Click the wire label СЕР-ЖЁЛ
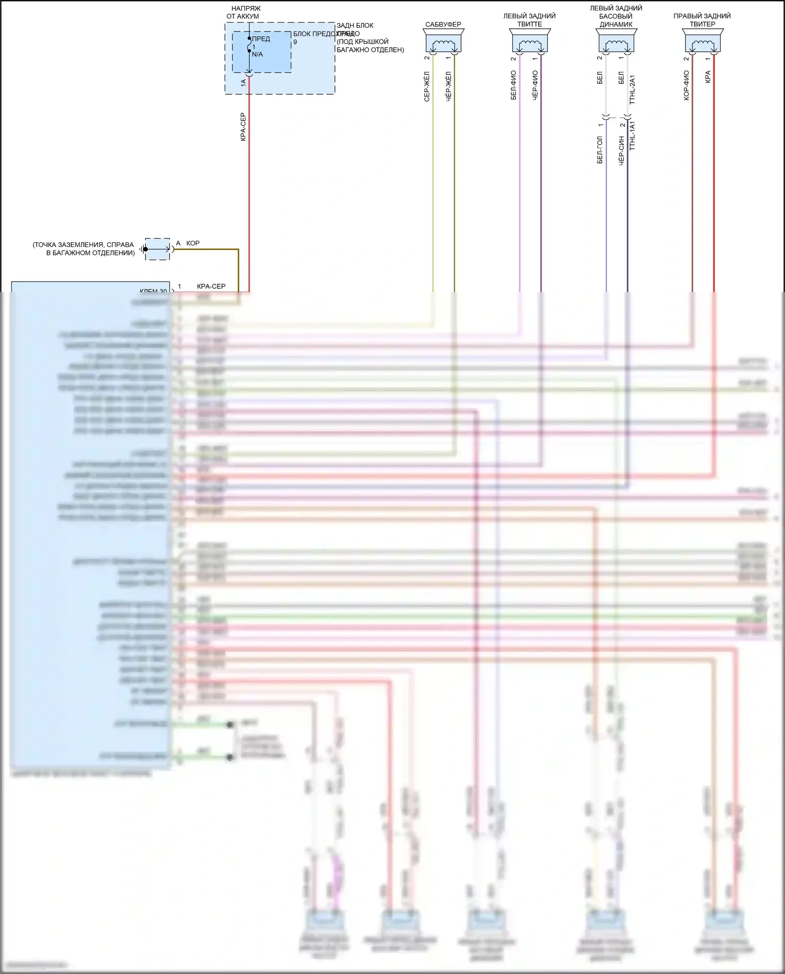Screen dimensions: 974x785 (427, 87)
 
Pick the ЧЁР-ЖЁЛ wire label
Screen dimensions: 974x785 (448, 87)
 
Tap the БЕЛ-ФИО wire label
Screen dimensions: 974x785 (513, 85)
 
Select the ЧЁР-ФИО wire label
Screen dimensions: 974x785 (535, 85)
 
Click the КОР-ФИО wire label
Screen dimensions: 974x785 (686, 85)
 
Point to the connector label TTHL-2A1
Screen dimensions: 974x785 (632, 89)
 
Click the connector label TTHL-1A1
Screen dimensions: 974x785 (632, 136)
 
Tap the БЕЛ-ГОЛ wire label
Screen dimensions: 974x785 (600, 150)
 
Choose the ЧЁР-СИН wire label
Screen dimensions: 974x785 (621, 151)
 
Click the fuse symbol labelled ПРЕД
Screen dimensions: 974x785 (250, 46)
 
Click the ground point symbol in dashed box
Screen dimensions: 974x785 (157, 249)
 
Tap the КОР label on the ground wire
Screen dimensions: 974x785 (193, 243)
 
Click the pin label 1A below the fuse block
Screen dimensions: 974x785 (243, 83)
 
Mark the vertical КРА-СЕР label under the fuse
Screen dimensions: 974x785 (243, 127)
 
